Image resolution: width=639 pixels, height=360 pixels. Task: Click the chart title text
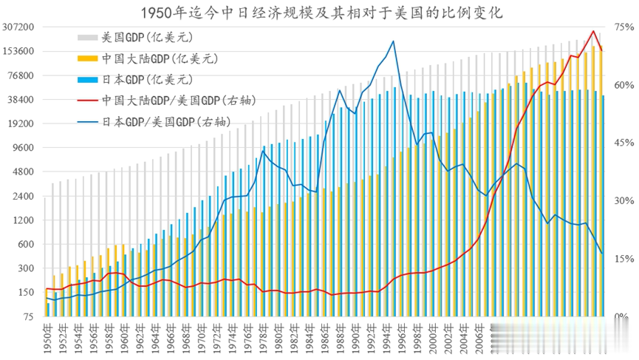[319, 13]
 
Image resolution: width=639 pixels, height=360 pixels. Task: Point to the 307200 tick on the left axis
[20, 27]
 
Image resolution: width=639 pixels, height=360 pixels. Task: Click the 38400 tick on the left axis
[22, 100]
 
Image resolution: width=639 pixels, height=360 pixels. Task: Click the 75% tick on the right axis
[622, 27]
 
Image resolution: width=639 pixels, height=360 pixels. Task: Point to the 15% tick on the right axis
[622, 259]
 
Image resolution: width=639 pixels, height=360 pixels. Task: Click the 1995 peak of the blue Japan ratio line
[393, 41]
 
